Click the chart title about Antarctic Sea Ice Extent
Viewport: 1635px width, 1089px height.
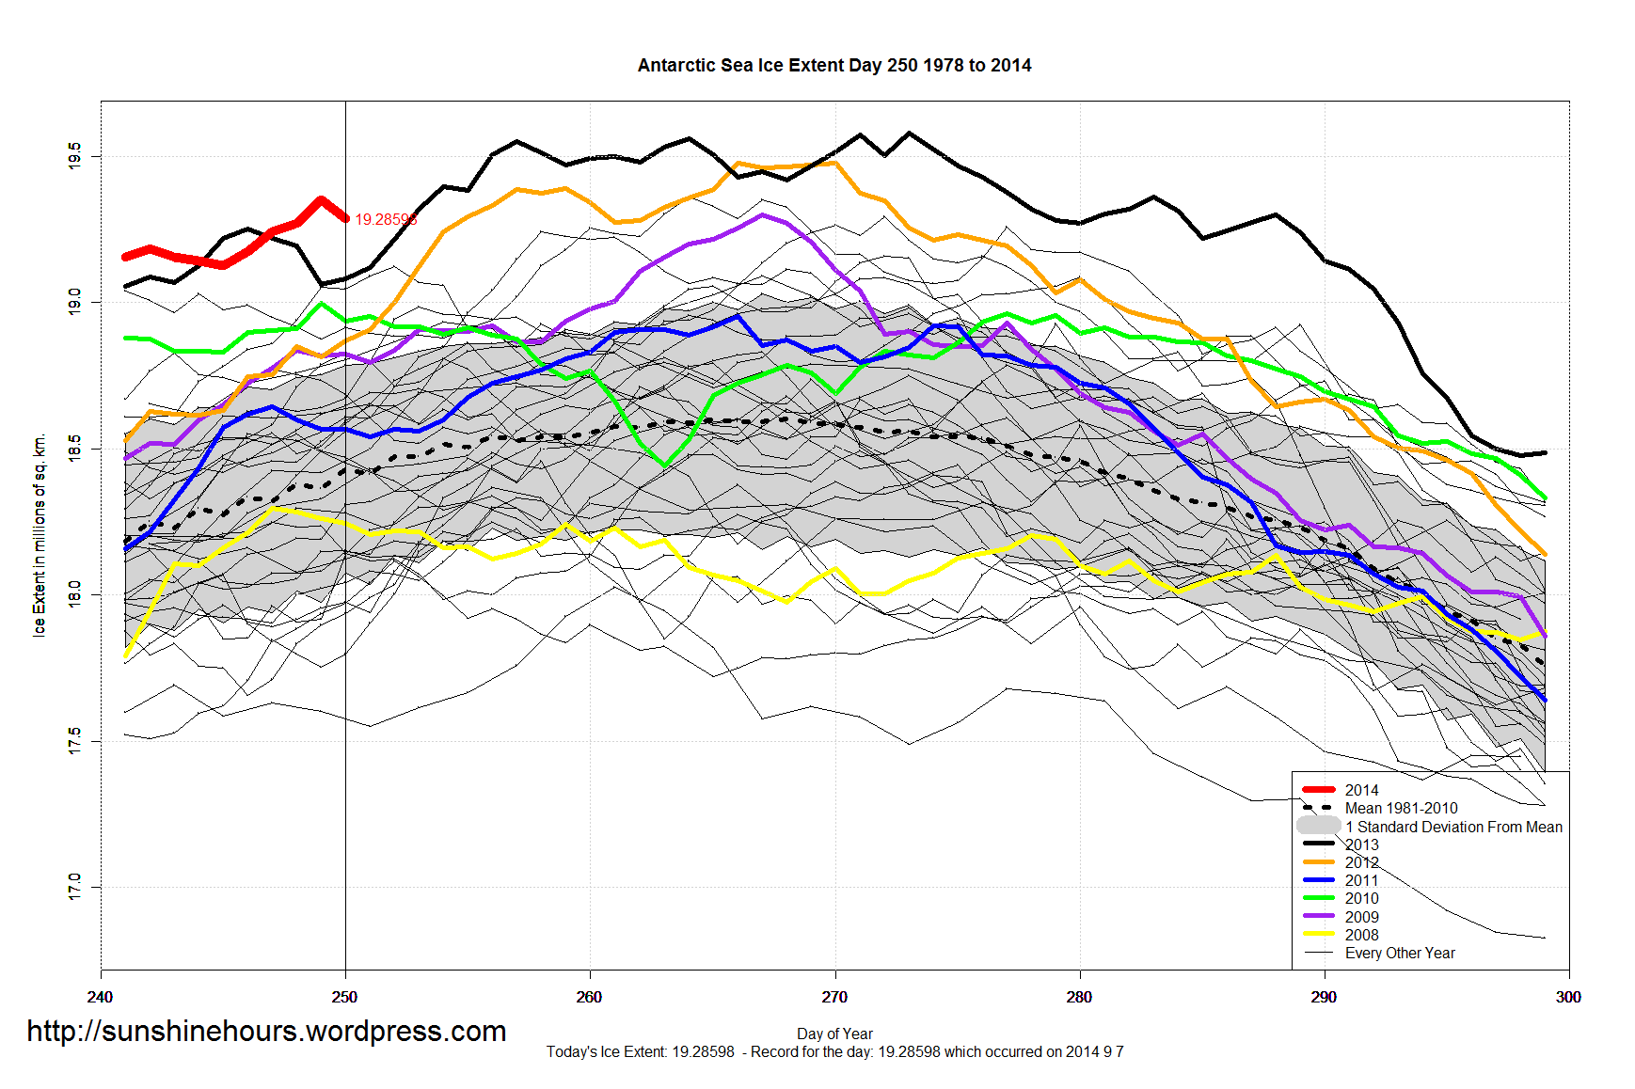click(833, 66)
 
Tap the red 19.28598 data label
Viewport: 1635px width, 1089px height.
click(386, 220)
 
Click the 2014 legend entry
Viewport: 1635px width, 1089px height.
click(1361, 790)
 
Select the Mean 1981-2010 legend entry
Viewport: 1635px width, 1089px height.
click(1401, 808)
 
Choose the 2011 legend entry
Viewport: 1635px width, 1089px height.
click(1361, 880)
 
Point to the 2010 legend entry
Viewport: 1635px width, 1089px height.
click(1361, 898)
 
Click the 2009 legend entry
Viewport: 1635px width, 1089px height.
click(1361, 917)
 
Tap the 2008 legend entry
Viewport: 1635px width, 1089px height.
click(1361, 935)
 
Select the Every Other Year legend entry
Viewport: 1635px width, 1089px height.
click(1400, 953)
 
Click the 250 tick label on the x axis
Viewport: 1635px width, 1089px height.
click(345, 997)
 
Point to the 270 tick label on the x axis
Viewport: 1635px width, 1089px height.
click(834, 997)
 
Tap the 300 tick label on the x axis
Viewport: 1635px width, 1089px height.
click(1568, 997)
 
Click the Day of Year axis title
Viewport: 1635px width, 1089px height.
click(834, 1034)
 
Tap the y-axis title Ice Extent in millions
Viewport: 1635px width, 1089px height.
click(40, 535)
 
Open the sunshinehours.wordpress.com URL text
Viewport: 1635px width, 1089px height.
click(266, 1032)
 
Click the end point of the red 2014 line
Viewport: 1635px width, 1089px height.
click(345, 219)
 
